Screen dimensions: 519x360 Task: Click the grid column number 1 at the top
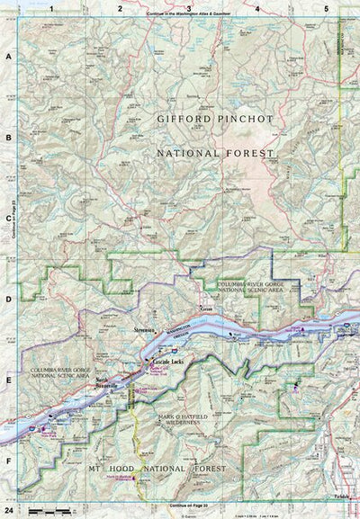(52, 7)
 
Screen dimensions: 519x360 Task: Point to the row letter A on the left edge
(9, 56)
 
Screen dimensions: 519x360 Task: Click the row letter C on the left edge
(9, 217)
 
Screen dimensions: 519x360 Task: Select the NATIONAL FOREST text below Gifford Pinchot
(214, 154)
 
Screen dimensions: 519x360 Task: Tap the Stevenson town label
(145, 332)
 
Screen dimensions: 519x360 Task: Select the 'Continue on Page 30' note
(190, 510)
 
